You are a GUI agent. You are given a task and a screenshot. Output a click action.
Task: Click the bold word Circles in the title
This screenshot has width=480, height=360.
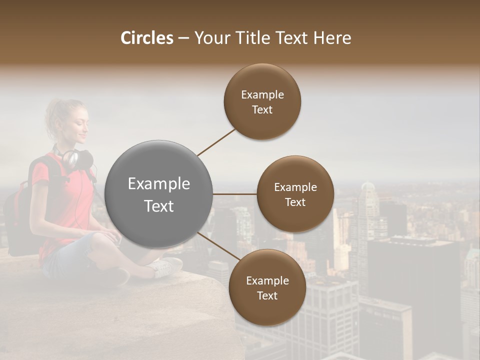[146, 38]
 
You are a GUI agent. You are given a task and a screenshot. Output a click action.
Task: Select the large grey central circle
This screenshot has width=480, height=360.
[159, 194]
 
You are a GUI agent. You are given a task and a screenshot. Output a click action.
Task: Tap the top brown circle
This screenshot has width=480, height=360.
[262, 102]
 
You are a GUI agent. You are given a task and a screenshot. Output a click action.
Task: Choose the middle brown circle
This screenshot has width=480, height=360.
[295, 194]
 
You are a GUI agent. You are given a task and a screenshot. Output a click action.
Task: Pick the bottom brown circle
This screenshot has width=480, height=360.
[267, 287]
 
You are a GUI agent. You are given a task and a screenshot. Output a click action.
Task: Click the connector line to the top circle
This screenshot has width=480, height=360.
[216, 142]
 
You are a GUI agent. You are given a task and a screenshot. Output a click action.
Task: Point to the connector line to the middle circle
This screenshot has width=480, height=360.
[235, 194]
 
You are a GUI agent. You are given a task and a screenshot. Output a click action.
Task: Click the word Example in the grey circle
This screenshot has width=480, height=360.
[159, 184]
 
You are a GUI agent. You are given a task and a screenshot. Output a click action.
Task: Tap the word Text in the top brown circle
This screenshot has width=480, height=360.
[262, 110]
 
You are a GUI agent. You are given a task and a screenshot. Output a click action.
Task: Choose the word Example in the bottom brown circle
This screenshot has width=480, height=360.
[267, 280]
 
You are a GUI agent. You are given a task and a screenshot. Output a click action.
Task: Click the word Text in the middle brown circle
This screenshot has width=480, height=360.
[295, 202]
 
